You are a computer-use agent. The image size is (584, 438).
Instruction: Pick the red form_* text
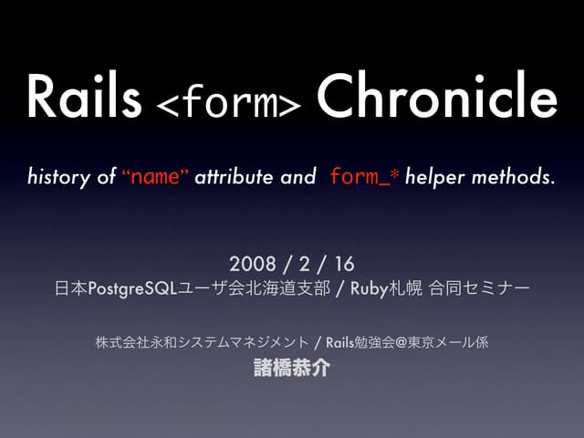pos(363,176)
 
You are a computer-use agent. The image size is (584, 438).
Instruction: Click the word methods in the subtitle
pos(513,176)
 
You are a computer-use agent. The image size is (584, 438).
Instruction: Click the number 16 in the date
pos(344,265)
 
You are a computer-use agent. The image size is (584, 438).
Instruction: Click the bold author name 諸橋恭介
pos(291,369)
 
